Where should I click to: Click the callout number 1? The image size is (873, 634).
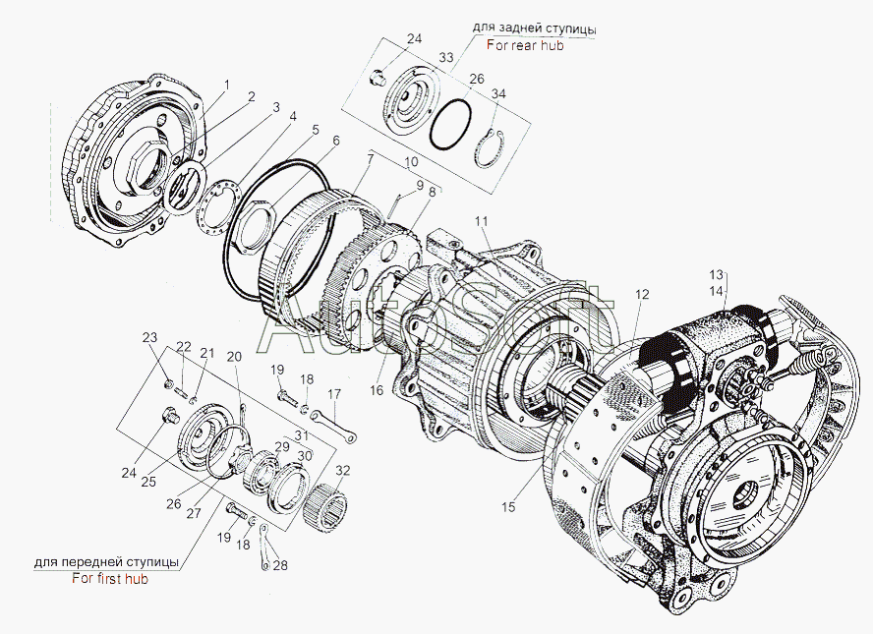(x=226, y=85)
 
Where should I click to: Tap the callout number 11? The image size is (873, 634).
(x=481, y=221)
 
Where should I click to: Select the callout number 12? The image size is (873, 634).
(x=642, y=294)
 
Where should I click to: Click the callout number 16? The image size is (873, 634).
(x=377, y=390)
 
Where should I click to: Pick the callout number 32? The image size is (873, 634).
(x=343, y=471)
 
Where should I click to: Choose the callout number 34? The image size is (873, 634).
(x=498, y=93)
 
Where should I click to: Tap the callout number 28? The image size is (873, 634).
(x=280, y=565)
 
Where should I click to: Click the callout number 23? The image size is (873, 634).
(x=149, y=337)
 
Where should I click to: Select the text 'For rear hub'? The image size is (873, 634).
(x=525, y=45)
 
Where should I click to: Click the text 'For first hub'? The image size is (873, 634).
(x=110, y=578)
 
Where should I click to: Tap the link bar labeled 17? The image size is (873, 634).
(x=334, y=426)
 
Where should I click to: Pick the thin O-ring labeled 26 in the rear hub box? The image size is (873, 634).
(x=451, y=124)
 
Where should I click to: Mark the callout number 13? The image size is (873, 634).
(x=716, y=274)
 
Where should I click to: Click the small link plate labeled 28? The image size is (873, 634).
(x=265, y=548)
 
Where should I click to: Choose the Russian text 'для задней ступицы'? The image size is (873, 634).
(x=535, y=28)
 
